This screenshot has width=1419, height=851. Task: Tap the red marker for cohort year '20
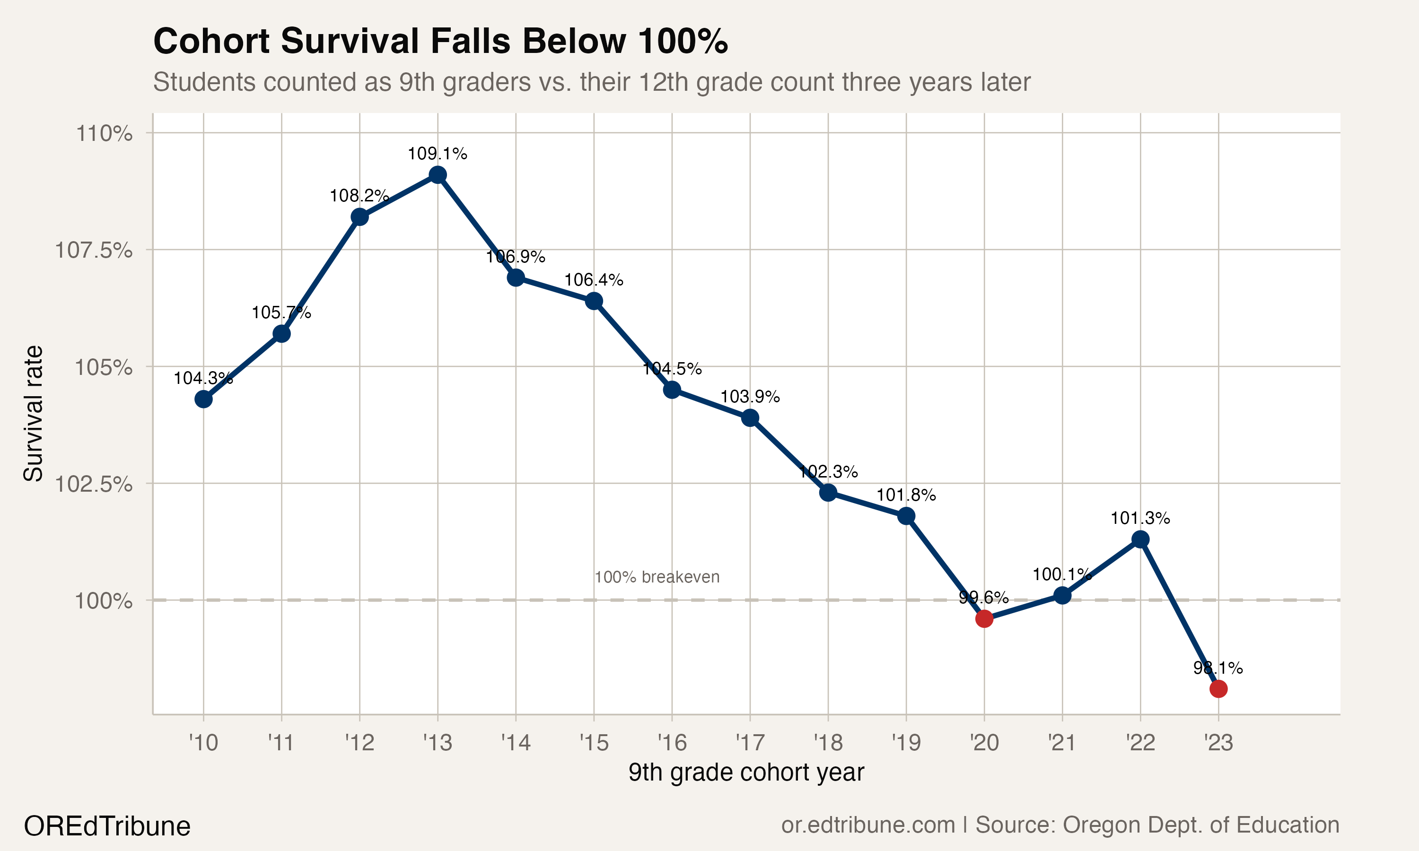click(984, 619)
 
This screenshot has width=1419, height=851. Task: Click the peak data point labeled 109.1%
click(438, 175)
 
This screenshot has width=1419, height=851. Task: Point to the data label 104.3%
click(203, 379)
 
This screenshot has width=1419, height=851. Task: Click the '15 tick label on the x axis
click(594, 743)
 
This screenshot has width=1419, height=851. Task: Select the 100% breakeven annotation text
click(657, 577)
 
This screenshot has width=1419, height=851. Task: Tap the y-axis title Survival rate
click(33, 413)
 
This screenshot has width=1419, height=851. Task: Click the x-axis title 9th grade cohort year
click(745, 773)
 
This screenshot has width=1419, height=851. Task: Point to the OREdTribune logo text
click(107, 826)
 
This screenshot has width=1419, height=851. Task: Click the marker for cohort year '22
click(1140, 539)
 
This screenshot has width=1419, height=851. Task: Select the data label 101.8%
click(906, 495)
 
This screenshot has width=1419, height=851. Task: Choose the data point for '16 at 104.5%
click(672, 390)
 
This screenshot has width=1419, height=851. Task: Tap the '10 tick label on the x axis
click(203, 743)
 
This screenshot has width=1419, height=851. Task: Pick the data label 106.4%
click(594, 280)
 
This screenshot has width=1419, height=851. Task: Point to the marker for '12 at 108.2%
click(359, 217)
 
